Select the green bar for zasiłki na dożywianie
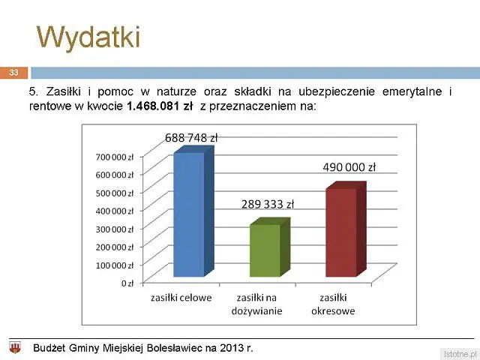(x=270, y=247)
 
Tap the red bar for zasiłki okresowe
(x=346, y=229)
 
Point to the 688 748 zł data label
(x=191, y=138)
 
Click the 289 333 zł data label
(x=268, y=204)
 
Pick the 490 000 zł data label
(x=349, y=167)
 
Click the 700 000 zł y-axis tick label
(x=115, y=157)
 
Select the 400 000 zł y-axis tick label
(x=115, y=211)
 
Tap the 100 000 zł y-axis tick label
(x=115, y=265)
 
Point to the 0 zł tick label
(x=127, y=283)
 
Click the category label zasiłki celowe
(x=181, y=298)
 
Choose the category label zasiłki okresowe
(x=333, y=304)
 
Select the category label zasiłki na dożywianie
(x=256, y=304)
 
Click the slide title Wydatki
(x=88, y=37)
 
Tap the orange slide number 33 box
(x=13, y=73)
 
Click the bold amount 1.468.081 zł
(x=160, y=106)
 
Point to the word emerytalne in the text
(x=412, y=91)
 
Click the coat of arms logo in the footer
(x=15, y=348)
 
